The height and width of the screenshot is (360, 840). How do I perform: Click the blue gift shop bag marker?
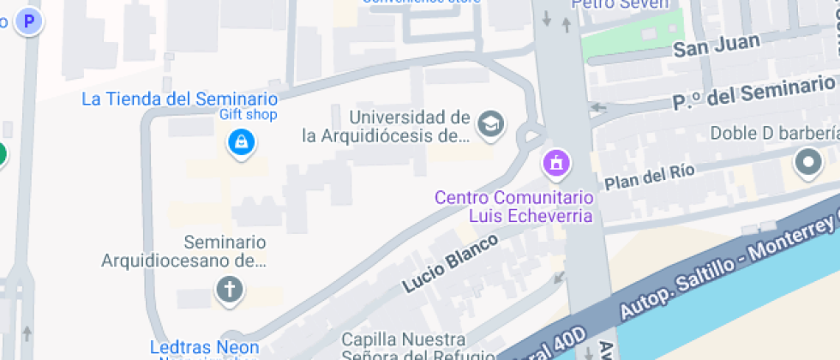click(242, 141)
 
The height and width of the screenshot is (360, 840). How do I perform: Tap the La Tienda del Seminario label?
click(179, 99)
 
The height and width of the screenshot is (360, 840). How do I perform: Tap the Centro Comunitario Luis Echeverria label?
click(513, 207)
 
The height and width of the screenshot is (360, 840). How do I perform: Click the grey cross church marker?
click(229, 289)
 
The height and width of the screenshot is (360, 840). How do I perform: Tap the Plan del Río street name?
click(649, 176)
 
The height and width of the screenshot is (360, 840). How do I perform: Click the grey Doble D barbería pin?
click(808, 161)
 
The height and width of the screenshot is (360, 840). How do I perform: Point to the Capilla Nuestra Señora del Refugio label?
click(416, 347)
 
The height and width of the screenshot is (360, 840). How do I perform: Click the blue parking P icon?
click(31, 21)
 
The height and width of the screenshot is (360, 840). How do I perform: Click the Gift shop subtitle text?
click(249, 115)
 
